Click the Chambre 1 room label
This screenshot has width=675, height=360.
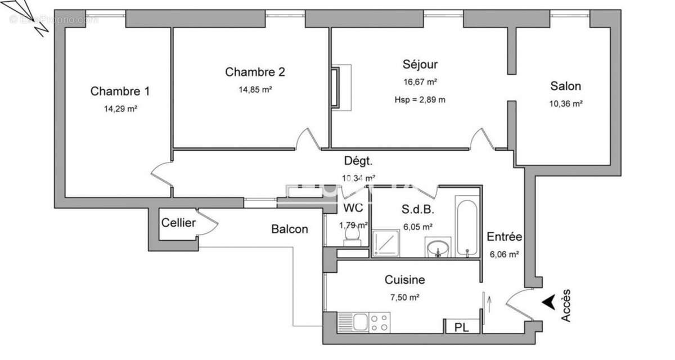120,91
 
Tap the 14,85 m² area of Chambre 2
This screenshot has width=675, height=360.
255,89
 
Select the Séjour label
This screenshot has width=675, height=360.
420,64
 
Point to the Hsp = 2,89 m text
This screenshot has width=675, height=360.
420,100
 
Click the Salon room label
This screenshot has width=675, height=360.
565,86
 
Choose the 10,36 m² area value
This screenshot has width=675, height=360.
565,103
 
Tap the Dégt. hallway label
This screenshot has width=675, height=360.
358,161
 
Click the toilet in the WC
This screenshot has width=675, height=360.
353,241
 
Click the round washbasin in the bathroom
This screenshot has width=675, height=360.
438,247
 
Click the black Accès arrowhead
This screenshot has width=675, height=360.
547,302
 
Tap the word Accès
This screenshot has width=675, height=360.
566,305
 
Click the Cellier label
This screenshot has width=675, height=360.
178,223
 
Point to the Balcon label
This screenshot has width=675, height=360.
290,229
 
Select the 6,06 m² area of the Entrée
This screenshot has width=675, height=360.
505,254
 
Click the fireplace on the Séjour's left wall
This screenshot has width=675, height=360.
336,87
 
